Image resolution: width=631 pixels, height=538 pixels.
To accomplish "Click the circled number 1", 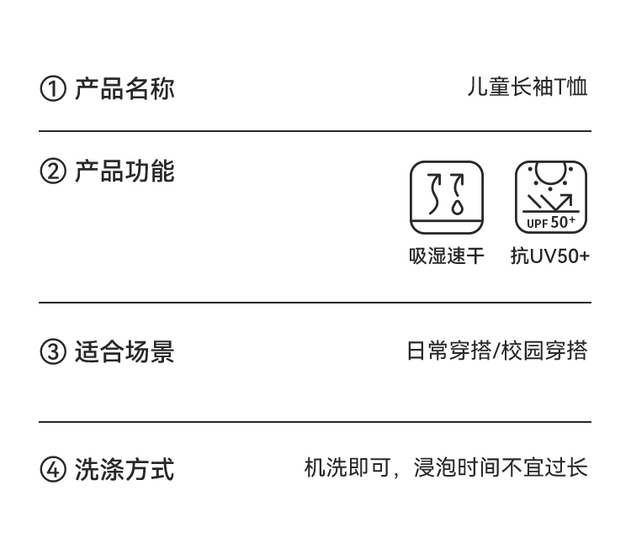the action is (53, 89).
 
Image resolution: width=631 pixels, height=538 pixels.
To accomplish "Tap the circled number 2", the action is (53, 171).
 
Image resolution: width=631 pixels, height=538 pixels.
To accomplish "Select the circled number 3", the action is (53, 351).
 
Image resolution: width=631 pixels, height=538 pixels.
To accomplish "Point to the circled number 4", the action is (53, 469).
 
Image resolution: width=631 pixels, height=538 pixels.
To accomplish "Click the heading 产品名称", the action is (125, 88).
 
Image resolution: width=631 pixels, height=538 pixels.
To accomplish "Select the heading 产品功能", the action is (125, 171).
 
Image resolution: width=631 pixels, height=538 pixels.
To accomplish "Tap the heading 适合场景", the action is (125, 351).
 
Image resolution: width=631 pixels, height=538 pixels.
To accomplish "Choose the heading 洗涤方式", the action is (125, 469).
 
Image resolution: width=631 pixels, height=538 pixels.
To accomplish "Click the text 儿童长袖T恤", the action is (528, 87).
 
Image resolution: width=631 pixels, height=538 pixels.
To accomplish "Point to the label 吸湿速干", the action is (446, 256).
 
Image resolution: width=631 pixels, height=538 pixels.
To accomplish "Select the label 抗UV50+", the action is (550, 256).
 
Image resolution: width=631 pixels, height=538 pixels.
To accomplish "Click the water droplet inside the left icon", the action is (458, 207).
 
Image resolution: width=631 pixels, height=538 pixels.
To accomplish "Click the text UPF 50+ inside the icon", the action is (551, 223).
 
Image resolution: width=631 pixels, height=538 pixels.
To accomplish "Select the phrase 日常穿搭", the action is (449, 351).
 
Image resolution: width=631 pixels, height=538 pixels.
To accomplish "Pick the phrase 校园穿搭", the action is (544, 351).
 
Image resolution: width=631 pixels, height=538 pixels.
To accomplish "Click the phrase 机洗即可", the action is (347, 467).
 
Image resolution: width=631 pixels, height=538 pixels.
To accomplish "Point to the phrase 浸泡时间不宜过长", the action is (501, 467).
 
